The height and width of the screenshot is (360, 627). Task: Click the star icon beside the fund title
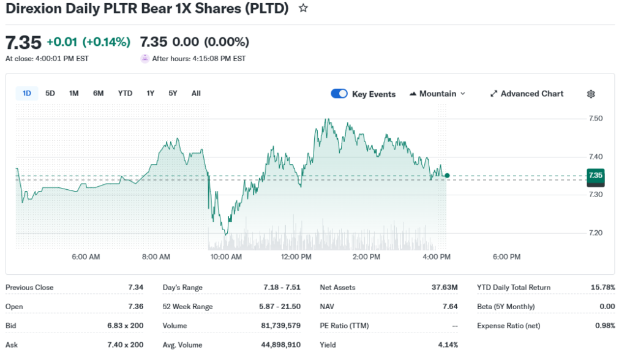pyautogui.click(x=303, y=9)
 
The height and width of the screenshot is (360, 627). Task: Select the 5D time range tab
pyautogui.click(x=50, y=93)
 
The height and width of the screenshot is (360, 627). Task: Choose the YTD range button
pyautogui.click(x=125, y=93)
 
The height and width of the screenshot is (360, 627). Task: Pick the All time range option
pyautogui.click(x=196, y=93)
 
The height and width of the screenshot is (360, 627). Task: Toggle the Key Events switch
pyautogui.click(x=339, y=94)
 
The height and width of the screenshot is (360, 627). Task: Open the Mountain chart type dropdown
pyautogui.click(x=437, y=94)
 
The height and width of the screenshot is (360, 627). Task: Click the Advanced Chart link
pyautogui.click(x=527, y=94)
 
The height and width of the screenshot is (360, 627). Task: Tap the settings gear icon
pyautogui.click(x=591, y=94)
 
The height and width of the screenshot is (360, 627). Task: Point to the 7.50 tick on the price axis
pyautogui.click(x=596, y=119)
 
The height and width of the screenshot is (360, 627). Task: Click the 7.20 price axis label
pyautogui.click(x=596, y=233)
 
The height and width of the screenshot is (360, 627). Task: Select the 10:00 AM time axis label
pyautogui.click(x=226, y=257)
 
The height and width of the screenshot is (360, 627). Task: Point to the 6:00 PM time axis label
pyautogui.click(x=506, y=257)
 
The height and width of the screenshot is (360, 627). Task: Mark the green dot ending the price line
pyautogui.click(x=447, y=176)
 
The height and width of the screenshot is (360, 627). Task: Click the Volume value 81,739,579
pyautogui.click(x=280, y=326)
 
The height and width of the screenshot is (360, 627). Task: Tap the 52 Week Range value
pyautogui.click(x=280, y=306)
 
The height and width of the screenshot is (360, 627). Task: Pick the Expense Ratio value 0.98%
pyautogui.click(x=605, y=326)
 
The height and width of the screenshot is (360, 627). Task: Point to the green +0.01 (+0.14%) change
pyautogui.click(x=88, y=42)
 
